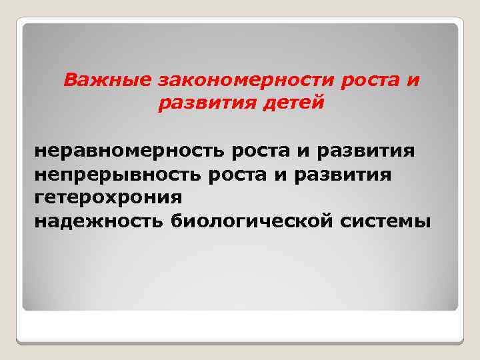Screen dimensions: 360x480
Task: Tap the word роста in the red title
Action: tap(363, 81)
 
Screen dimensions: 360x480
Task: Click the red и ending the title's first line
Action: tap(413, 81)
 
